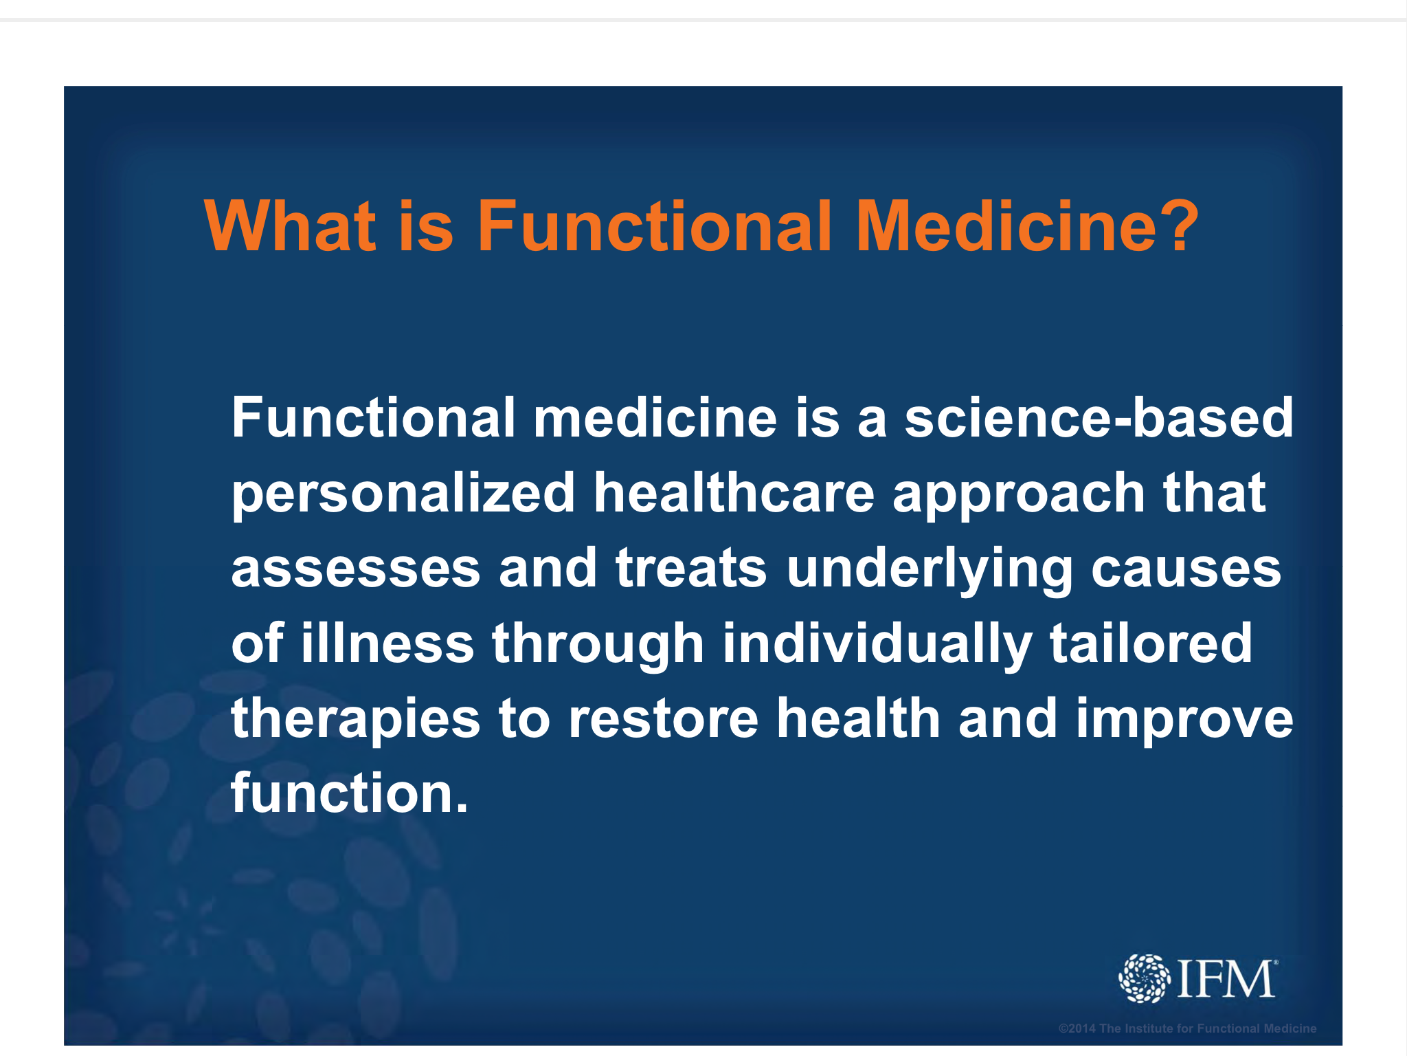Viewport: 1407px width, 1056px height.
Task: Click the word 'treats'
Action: [691, 568]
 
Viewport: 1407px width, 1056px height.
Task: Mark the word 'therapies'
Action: [356, 720]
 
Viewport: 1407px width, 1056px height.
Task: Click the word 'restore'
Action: [664, 718]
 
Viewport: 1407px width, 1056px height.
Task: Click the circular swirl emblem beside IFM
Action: [1144, 978]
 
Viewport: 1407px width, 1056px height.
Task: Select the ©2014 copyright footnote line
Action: [1187, 1028]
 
